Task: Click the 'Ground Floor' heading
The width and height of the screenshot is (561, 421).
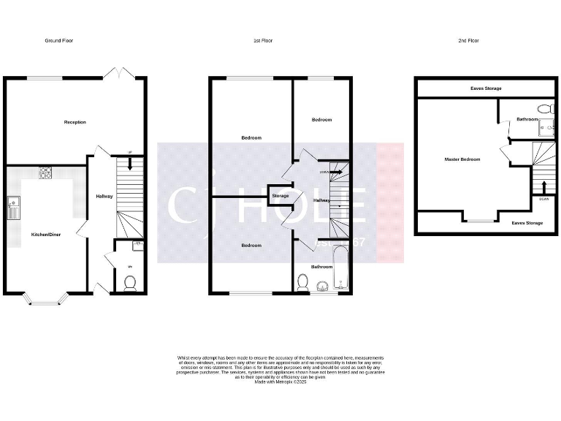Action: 59,41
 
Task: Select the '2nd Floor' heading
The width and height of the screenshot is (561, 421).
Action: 469,41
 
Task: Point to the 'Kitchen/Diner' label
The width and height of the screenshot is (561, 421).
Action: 45,235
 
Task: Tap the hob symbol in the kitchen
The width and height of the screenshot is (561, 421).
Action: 45,173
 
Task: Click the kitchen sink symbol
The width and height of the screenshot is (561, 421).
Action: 12,208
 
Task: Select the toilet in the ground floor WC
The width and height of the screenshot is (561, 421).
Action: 130,283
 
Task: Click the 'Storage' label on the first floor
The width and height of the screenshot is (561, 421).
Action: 280,196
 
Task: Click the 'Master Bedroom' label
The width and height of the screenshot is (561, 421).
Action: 462,159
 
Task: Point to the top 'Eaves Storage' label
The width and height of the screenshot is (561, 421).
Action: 486,88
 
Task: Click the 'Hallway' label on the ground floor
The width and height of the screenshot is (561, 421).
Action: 104,196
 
